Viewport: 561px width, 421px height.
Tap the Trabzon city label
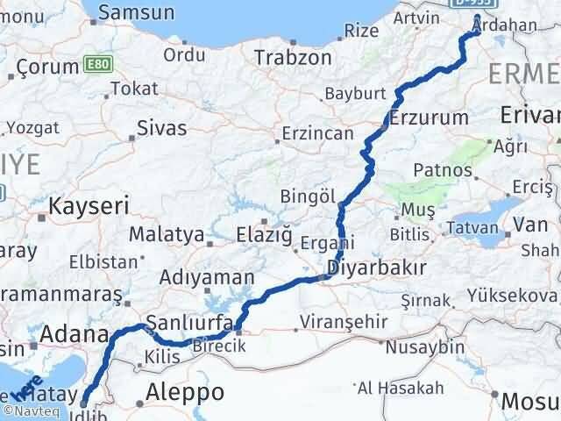293,58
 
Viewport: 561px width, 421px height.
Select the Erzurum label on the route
424,118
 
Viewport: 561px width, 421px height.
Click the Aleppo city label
186,391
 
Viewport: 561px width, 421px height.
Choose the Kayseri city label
89,207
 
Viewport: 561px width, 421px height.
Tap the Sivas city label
162,128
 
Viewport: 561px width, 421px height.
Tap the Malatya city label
165,235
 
